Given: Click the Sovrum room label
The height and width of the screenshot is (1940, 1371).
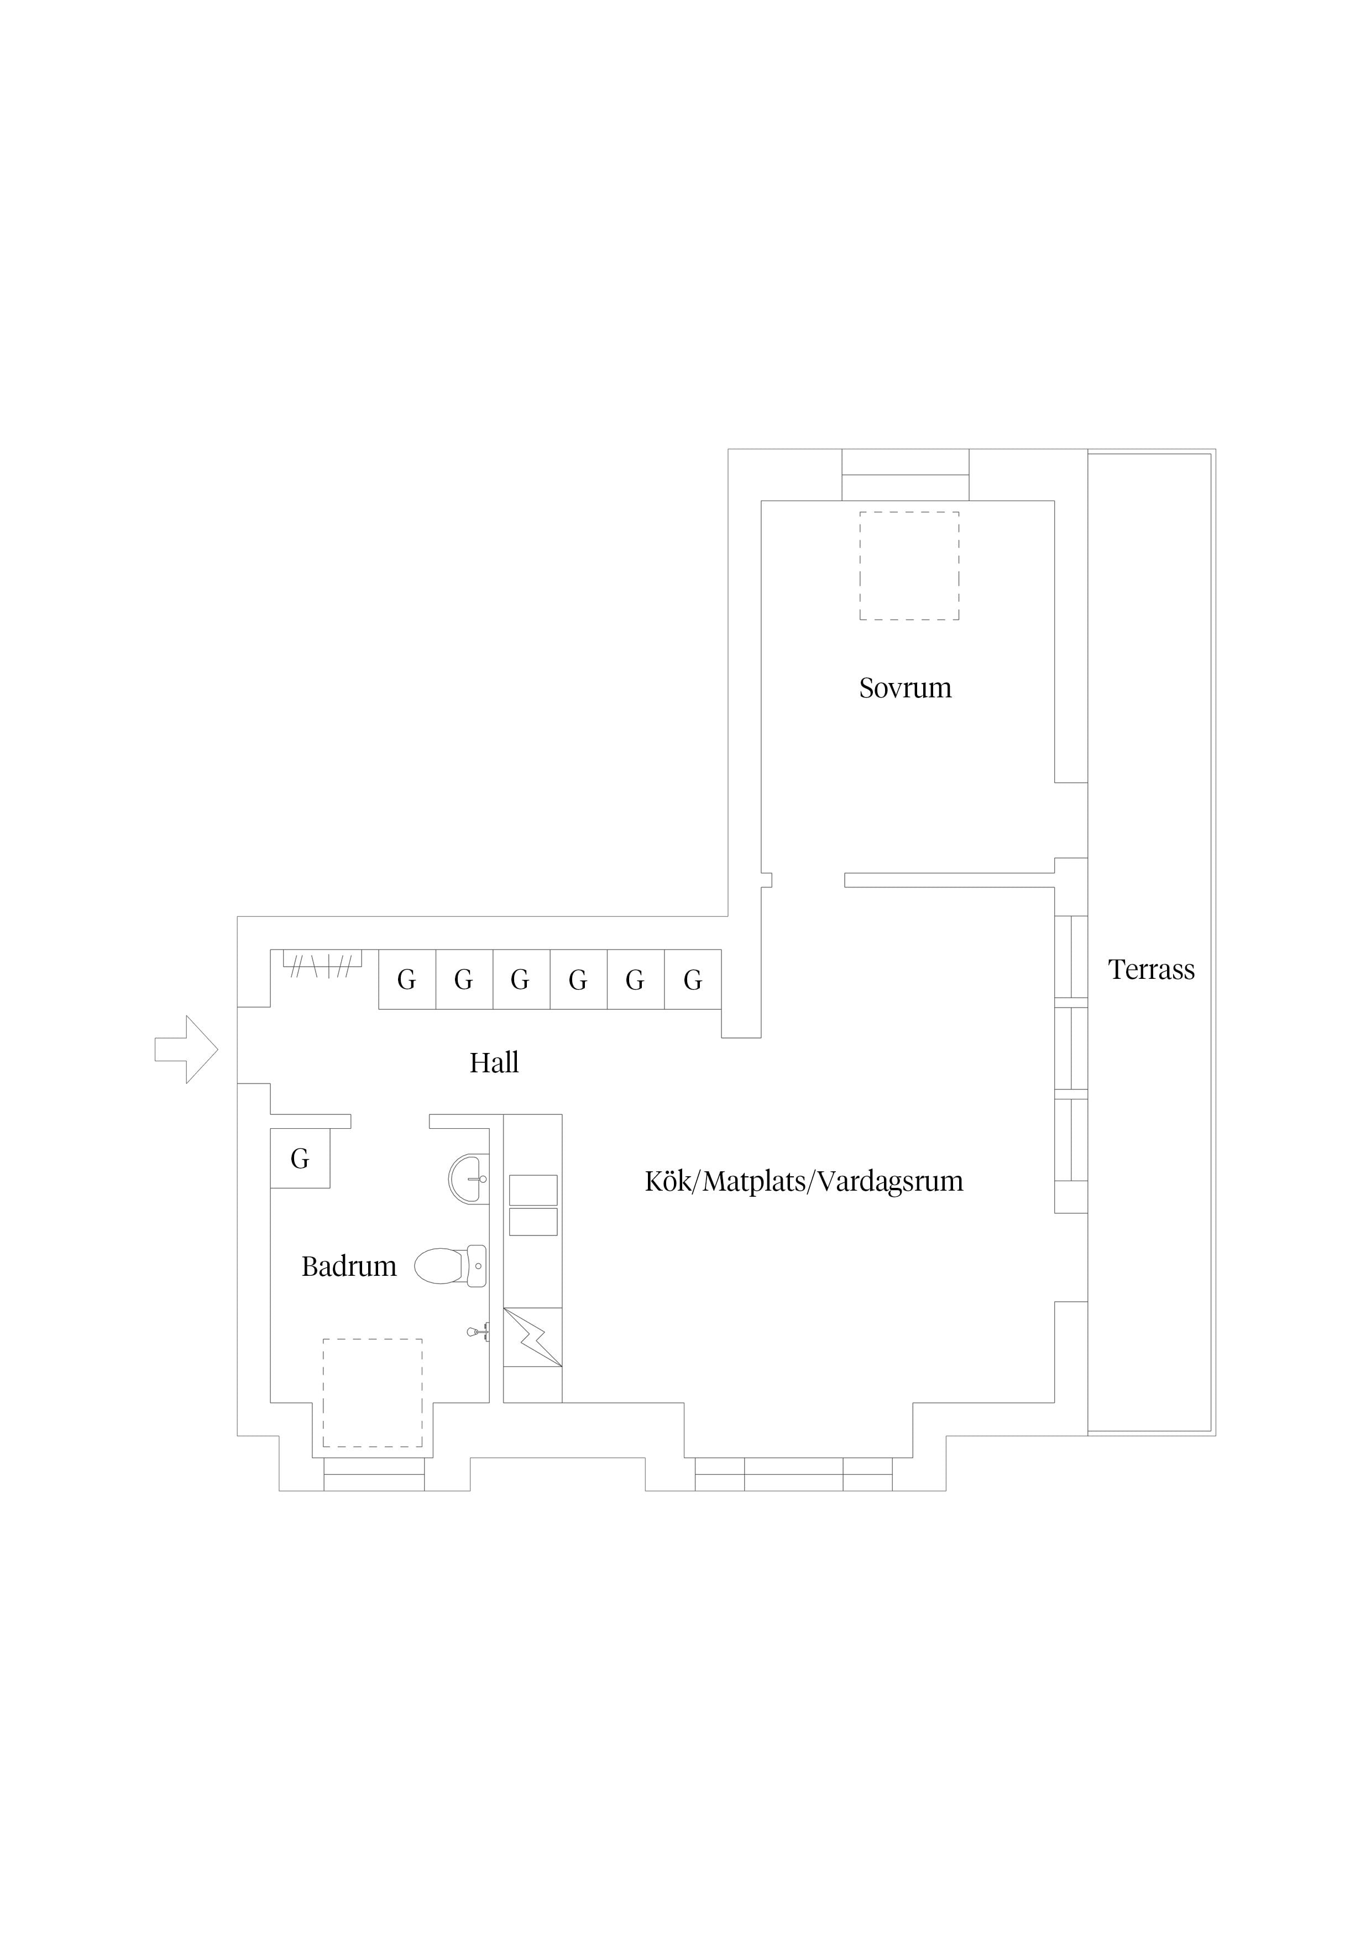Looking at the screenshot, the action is (905, 689).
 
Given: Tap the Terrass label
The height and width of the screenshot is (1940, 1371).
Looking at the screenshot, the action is (1152, 970).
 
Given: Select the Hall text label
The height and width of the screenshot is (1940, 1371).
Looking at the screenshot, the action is (494, 1062).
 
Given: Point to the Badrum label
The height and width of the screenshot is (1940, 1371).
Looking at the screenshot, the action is (349, 1266).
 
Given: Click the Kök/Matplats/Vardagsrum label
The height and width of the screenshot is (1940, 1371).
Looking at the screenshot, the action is (804, 1181).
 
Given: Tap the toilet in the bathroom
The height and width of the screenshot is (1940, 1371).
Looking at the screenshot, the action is (450, 1266).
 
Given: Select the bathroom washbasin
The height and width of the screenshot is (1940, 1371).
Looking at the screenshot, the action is (469, 1178).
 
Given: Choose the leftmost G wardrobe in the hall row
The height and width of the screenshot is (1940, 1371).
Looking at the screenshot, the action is (407, 979).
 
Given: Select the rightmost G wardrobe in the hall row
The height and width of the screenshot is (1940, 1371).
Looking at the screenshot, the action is (693, 979).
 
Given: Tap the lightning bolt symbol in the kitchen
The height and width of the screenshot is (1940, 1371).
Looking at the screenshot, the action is (533, 1338).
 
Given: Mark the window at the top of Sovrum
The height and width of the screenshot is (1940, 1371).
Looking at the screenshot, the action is (906, 475).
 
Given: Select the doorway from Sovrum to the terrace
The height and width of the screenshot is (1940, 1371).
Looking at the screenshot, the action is (1071, 821).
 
